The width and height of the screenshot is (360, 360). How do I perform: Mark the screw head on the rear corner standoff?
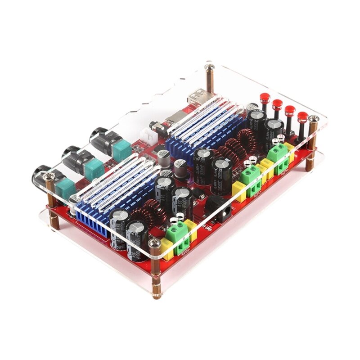pyautogui.click(x=209, y=67)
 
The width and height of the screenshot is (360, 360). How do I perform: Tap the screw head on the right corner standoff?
pyautogui.click(x=313, y=120)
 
